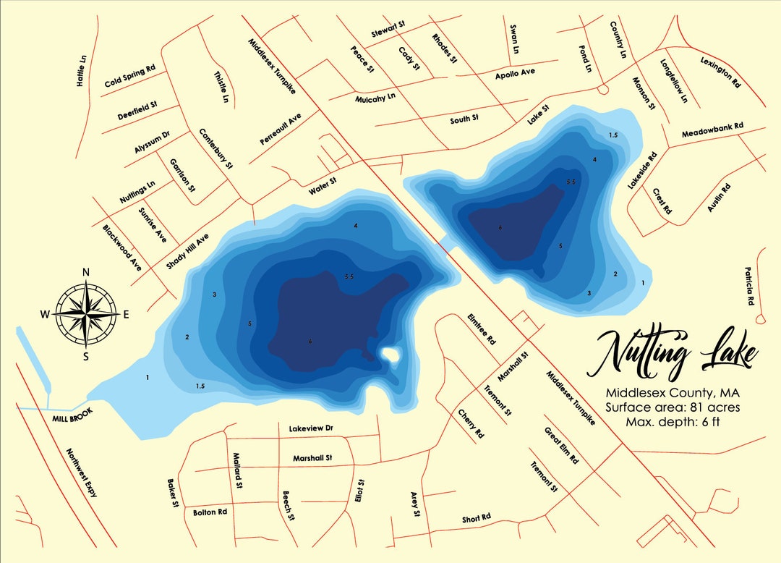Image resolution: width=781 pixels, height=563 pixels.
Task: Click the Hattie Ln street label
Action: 82,71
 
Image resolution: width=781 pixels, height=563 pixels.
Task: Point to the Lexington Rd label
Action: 721,72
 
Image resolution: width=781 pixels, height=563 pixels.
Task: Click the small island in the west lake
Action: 390,355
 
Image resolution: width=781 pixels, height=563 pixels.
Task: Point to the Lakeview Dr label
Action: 310,429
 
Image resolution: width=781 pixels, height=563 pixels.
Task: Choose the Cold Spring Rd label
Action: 130,75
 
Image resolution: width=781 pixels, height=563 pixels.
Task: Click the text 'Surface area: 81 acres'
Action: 672,407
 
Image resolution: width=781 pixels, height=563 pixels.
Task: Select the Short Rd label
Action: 477,517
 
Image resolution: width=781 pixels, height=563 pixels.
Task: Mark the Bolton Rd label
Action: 210,512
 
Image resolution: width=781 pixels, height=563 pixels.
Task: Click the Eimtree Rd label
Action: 482,329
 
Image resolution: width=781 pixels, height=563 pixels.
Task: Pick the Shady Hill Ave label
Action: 187,251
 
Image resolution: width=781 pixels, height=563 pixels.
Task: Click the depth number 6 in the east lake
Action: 500,228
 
